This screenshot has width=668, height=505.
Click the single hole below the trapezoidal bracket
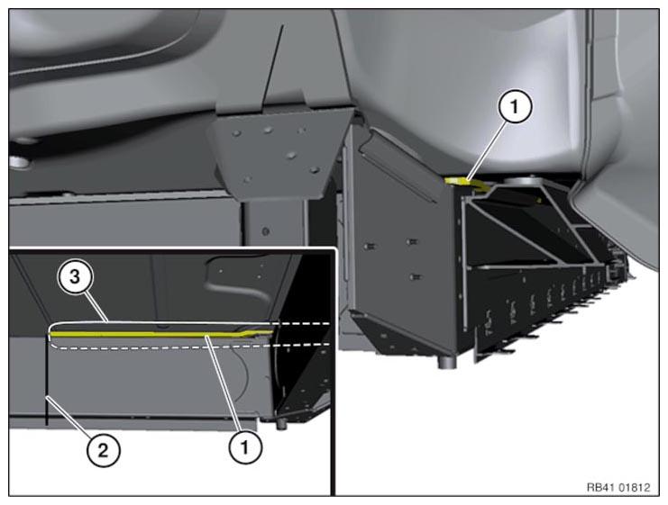tap(264, 231)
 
